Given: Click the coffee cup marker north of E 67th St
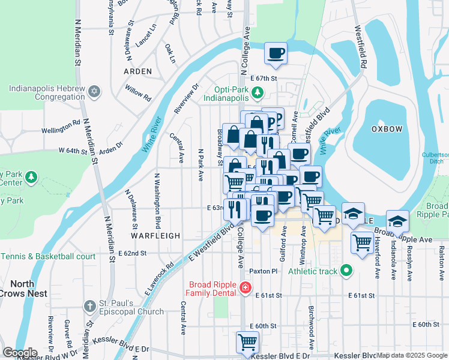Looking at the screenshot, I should pos(276,53).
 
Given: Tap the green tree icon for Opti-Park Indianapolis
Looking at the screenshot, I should pos(258,92).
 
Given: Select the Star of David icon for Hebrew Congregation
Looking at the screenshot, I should pos(93,92).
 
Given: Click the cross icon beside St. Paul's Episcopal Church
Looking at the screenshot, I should pos(89,306).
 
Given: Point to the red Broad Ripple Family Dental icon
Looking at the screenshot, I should pos(244,289).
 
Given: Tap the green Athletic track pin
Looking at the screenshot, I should pos(346,271).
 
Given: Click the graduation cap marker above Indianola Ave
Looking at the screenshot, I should pos(397,221).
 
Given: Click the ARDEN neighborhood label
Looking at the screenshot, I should pos(137,71).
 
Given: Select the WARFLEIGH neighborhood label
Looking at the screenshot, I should pos(156,236).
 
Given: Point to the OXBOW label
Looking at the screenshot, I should pos(382,128).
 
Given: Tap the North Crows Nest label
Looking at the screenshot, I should pos(20,289).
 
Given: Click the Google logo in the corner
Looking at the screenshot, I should pos(19,352).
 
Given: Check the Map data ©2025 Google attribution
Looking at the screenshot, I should pos(412,355).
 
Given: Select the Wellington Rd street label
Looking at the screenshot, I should pos(61,130).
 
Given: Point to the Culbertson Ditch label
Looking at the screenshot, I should pos(435,158).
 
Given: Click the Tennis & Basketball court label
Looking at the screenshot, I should pos(48,256).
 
